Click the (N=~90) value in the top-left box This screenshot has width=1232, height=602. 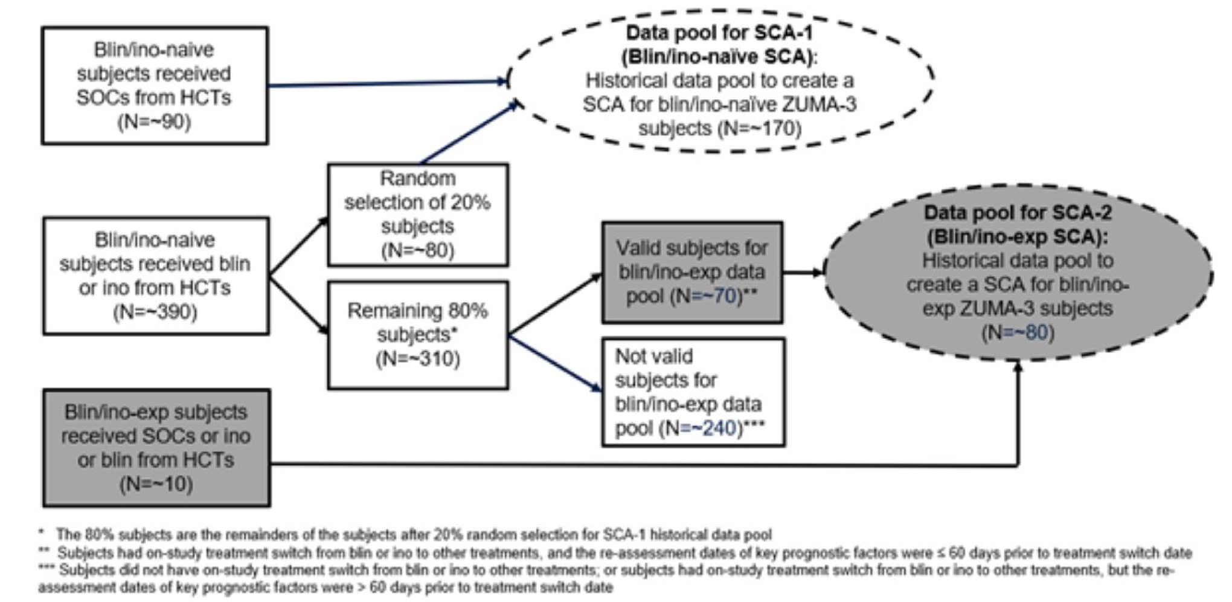coord(154,122)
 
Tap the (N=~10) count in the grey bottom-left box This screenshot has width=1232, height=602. coord(156,484)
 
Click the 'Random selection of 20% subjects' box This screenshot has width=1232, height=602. coord(417,214)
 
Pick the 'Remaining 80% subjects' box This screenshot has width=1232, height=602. coord(417,334)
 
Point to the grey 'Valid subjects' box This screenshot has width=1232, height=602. coord(692,272)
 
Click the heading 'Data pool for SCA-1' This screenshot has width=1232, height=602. coord(719,33)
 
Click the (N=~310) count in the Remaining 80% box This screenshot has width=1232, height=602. coord(417,359)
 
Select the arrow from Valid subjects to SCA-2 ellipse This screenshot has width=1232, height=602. coord(803,273)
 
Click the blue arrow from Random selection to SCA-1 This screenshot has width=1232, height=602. coord(468,133)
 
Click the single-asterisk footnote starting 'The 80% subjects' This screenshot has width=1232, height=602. coord(411,535)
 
